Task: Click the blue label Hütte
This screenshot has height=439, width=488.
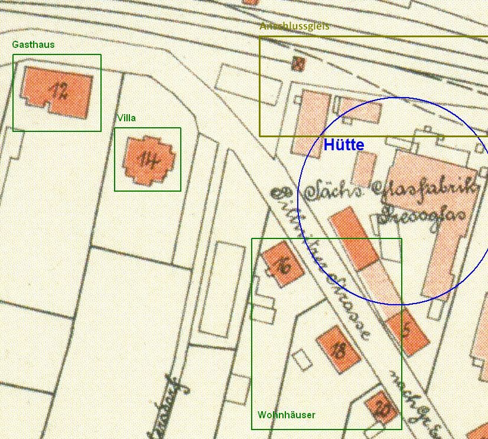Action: coord(343,145)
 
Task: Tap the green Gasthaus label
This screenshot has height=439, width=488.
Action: coord(33,44)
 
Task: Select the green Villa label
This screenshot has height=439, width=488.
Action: coord(126,118)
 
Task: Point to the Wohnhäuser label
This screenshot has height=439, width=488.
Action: coord(286,415)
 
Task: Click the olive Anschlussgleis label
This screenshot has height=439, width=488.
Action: coord(294,27)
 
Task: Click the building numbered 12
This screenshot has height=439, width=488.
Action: coord(57,92)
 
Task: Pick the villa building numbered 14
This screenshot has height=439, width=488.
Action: coord(148,160)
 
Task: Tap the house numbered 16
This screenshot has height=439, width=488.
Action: coord(283,264)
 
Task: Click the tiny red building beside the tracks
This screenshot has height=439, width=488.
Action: coord(298,63)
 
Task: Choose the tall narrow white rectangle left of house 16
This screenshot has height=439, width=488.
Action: coord(222,289)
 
